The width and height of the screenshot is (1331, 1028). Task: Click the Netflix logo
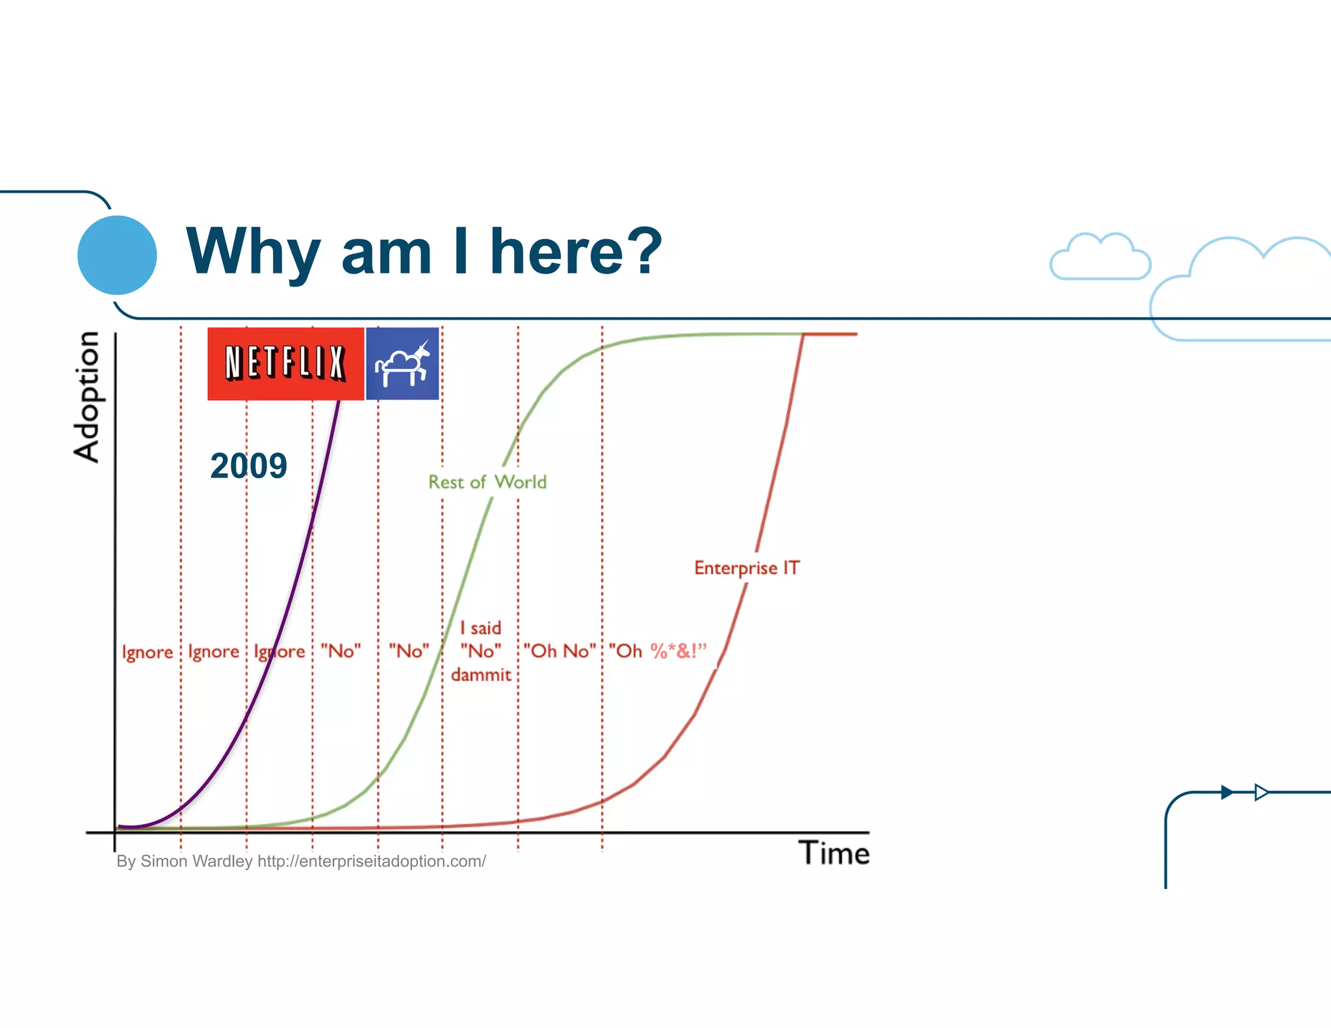[285, 363]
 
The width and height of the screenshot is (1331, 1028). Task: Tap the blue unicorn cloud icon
[402, 363]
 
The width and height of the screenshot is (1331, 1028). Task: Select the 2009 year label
[248, 466]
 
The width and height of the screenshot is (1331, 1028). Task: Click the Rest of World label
[487, 482]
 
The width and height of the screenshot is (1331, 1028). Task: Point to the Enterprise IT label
[746, 568]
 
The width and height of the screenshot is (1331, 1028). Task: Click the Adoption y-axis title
[86, 396]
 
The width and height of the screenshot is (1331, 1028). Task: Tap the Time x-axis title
[834, 853]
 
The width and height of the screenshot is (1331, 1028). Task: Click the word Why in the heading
[253, 252]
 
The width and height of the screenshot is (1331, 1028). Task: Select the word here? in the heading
[576, 252]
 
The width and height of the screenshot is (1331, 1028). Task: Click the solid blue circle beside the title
[117, 255]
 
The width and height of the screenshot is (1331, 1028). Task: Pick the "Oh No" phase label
[560, 650]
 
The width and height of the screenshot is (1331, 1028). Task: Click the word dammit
[481, 675]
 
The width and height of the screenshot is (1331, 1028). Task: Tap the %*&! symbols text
[678, 650]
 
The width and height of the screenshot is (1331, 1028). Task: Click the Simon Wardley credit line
[301, 861]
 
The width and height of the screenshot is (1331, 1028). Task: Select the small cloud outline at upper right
[1100, 258]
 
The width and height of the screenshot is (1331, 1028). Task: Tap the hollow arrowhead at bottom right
[1261, 792]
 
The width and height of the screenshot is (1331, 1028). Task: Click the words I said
[480, 628]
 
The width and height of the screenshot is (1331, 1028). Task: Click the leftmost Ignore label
[148, 652]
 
